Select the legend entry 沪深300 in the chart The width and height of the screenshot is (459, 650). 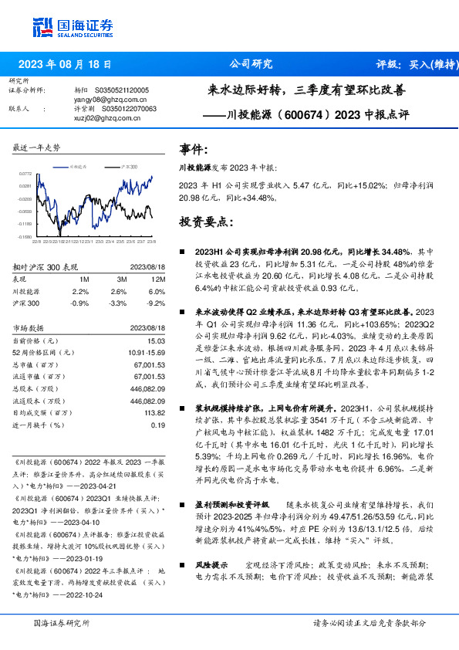click(130, 166)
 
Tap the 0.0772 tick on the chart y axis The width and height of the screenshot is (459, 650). click(25, 174)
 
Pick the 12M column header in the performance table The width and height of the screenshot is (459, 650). click(158, 279)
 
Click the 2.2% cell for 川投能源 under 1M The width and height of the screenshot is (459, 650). click(80, 292)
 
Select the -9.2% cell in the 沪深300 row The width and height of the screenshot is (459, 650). click(157, 303)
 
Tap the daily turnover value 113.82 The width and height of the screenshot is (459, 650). click(154, 412)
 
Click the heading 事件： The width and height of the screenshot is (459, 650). click(194, 149)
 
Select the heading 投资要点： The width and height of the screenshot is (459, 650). click(206, 222)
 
